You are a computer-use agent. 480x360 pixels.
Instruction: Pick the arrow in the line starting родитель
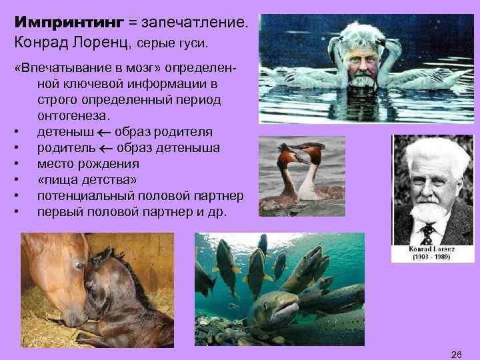pyautogui.click(x=109, y=147)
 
